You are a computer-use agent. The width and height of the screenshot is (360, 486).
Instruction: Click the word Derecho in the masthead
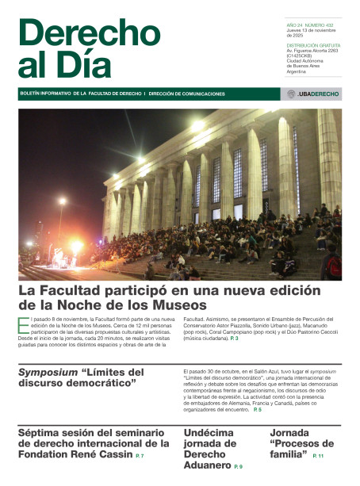[89, 33]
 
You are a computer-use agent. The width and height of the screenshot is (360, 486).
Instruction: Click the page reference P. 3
[234, 339]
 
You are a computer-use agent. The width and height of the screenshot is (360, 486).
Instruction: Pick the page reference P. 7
[140, 457]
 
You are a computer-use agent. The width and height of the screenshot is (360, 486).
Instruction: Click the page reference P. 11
[318, 457]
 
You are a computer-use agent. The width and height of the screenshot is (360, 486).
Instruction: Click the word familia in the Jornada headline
[289, 456]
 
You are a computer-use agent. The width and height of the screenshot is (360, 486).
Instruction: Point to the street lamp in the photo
[62, 202]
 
